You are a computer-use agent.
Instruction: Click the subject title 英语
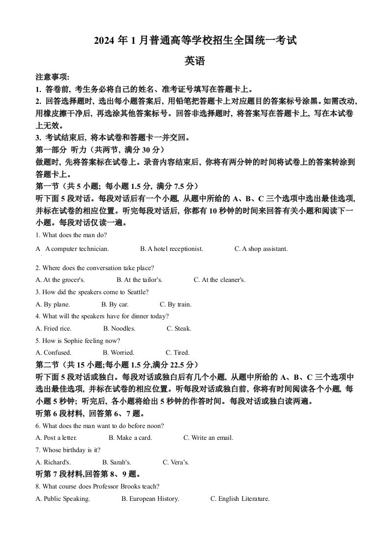[194, 61]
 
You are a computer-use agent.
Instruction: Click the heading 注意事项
[52, 77]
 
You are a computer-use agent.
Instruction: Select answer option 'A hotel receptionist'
[172, 249]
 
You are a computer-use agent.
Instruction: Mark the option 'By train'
[176, 305]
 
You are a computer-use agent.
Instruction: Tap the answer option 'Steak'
[179, 329]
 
